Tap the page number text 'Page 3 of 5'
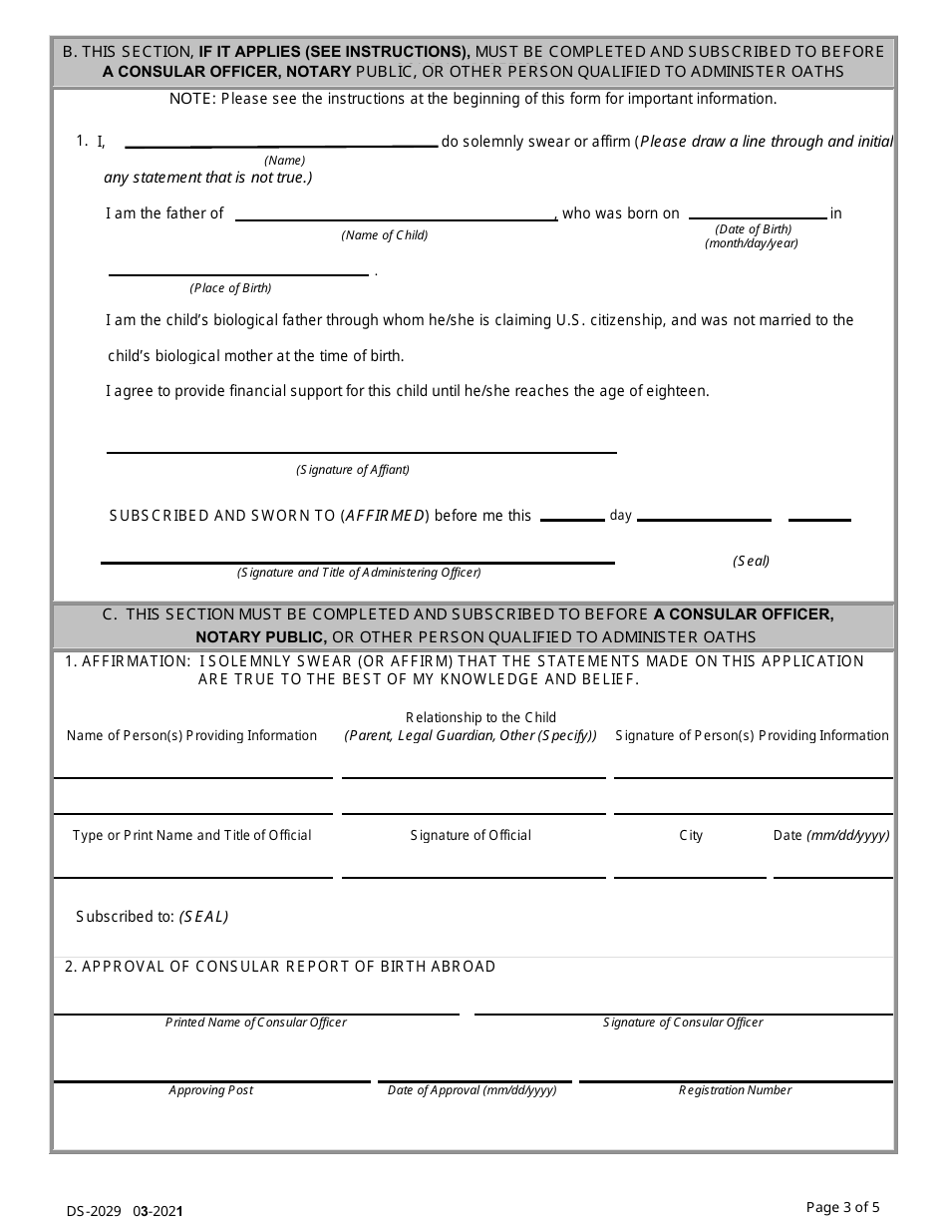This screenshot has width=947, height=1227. point(842,1207)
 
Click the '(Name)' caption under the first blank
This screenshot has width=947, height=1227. point(284,160)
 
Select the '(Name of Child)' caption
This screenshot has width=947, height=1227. point(384,235)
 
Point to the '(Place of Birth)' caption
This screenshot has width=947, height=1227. point(230,288)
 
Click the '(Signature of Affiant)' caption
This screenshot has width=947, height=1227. point(353,469)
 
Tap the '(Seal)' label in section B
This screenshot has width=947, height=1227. point(752,561)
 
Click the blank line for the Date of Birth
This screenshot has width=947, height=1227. point(758,217)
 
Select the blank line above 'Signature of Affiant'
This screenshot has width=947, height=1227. point(361,452)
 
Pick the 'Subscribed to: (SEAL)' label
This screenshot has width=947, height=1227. point(153,917)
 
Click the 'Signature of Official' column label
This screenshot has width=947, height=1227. point(471,835)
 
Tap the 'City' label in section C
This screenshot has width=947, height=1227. point(691,835)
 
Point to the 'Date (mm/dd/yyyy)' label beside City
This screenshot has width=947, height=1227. point(831,835)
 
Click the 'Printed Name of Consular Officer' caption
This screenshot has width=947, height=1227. point(256,1022)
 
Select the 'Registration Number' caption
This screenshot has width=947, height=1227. point(736,1090)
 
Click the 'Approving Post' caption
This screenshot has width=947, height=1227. point(210,1090)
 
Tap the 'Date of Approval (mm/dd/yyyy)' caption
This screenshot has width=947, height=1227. point(473,1090)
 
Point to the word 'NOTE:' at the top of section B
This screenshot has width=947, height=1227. point(193,99)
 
